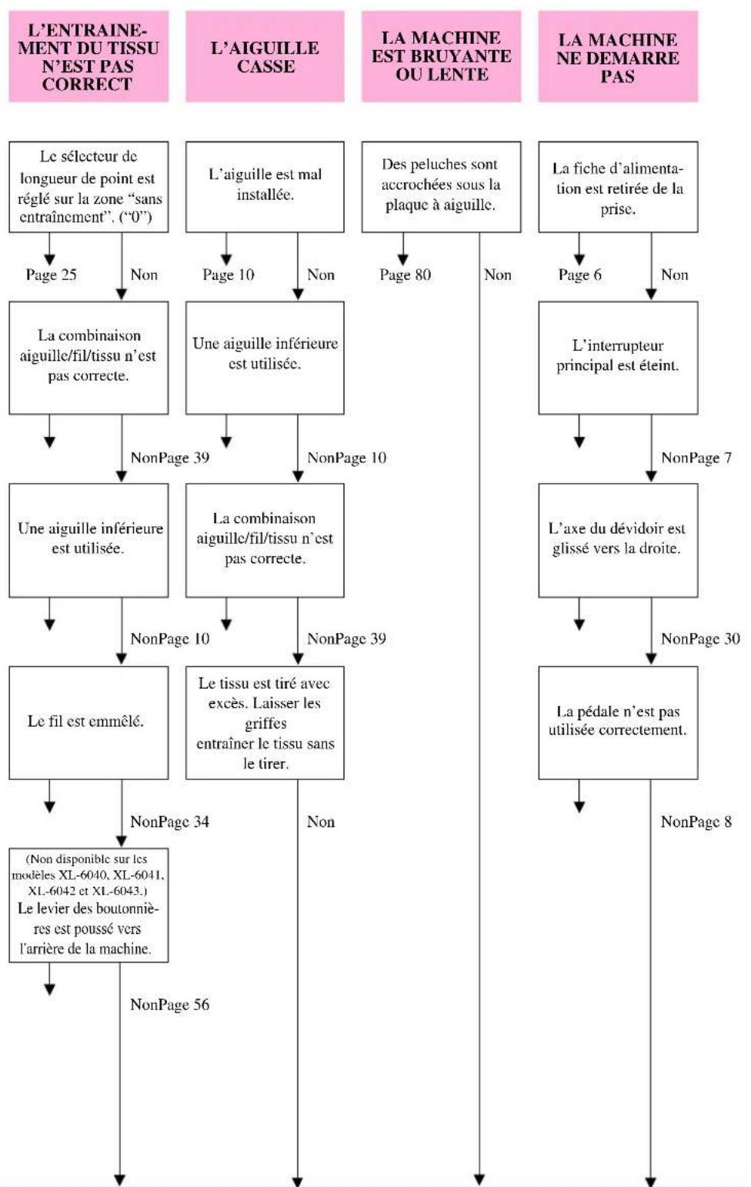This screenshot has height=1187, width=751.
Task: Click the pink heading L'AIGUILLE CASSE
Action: pyautogui.click(x=265, y=56)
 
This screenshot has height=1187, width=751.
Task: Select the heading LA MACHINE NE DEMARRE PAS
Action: pyautogui.click(x=618, y=56)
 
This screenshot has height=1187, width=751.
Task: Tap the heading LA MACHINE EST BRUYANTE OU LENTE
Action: pyautogui.click(x=442, y=56)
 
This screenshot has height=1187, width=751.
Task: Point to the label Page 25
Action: pyautogui.click(x=52, y=275)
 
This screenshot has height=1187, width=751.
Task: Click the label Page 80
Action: pyautogui.click(x=406, y=275)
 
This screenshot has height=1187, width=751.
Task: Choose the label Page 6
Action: pyautogui.click(x=580, y=275)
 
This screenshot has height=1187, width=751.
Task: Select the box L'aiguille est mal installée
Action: pyautogui.click(x=265, y=186)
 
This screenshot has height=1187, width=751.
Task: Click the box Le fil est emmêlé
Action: pyautogui.click(x=88, y=722)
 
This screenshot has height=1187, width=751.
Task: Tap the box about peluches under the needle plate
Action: pyautogui.click(x=442, y=186)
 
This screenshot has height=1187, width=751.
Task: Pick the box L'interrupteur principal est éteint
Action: pyautogui.click(x=618, y=358)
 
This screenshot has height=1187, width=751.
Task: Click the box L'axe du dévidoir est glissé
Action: pyautogui.click(x=618, y=540)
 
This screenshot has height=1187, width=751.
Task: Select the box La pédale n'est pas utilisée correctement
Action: pyautogui.click(x=618, y=722)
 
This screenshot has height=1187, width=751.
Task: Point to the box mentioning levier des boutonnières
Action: pyautogui.click(x=88, y=905)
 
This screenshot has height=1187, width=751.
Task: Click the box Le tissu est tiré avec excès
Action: pyautogui.click(x=265, y=722)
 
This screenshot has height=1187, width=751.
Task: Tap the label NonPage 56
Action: pyautogui.click(x=169, y=1005)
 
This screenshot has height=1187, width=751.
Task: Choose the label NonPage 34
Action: pyautogui.click(x=169, y=822)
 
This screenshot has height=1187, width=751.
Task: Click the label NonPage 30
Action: pyautogui.click(x=701, y=639)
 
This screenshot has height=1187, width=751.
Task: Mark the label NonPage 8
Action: pyautogui.click(x=696, y=822)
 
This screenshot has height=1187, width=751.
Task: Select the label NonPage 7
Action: pyautogui.click(x=696, y=458)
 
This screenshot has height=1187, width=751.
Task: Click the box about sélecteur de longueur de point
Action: pyautogui.click(x=88, y=186)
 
